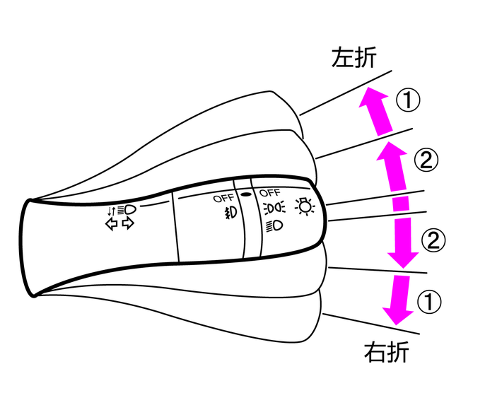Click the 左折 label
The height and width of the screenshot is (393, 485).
pos(356,58)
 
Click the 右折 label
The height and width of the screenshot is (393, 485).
pos(386,351)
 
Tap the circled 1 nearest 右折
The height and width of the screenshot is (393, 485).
pos(429,303)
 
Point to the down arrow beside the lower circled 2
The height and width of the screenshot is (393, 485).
pos(402,237)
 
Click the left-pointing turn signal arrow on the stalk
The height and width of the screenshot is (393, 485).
pos(111,223)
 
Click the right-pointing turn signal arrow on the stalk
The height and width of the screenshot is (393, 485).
pos(128,223)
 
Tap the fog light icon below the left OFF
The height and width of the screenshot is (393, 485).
pos(228,212)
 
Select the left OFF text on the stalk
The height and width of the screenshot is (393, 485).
pos(223,199)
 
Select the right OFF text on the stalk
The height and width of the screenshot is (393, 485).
pos(270,193)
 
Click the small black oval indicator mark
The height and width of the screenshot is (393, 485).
pos(246,193)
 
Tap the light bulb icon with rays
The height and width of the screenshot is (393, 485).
pos(305,207)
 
